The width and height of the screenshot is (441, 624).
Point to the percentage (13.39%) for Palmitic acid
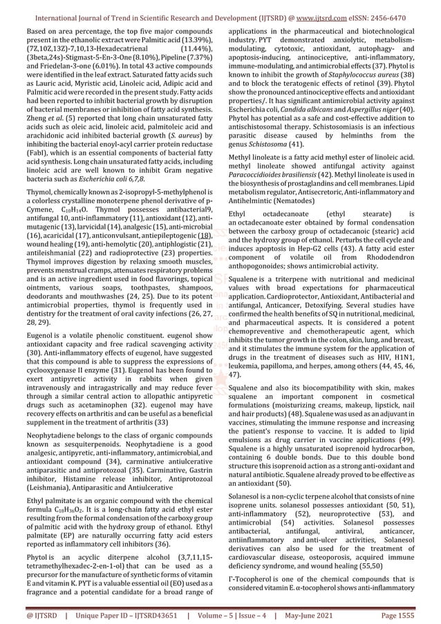(200, 41)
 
